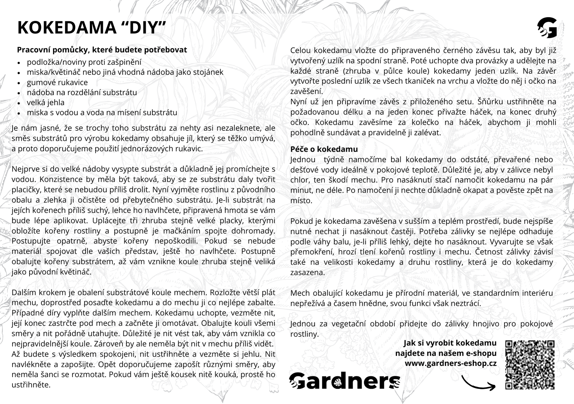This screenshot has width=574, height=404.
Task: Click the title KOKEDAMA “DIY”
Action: click(92, 28)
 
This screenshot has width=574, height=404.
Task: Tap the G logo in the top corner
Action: click(547, 28)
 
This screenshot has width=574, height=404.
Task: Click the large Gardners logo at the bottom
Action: click(344, 381)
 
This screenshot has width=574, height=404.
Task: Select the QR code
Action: click(530, 365)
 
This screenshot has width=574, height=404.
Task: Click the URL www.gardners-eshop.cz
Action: click(451, 364)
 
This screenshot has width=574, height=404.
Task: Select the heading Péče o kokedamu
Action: click(324, 149)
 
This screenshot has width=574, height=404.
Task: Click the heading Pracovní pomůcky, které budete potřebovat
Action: click(102, 50)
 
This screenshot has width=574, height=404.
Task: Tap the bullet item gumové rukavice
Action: click(57, 83)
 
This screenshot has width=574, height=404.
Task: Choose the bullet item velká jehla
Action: click(46, 103)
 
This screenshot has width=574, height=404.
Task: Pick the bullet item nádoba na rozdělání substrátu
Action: click(82, 93)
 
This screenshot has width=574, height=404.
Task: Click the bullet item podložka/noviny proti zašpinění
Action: click(84, 62)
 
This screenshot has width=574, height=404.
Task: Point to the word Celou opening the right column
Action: click(300, 50)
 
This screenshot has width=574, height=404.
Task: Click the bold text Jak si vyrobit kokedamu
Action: click(450, 343)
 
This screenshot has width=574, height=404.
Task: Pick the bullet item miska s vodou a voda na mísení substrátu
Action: click(102, 113)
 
